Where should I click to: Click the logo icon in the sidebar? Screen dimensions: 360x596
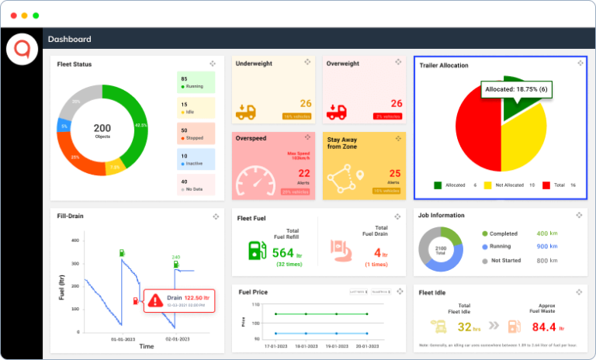(21, 50)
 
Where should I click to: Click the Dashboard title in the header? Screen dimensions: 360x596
(70, 39)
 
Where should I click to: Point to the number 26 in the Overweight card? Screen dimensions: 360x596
(396, 103)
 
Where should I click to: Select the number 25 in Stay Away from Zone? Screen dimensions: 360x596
(394, 173)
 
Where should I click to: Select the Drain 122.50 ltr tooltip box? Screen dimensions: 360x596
(179, 299)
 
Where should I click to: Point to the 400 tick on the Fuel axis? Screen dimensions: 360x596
(76, 240)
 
